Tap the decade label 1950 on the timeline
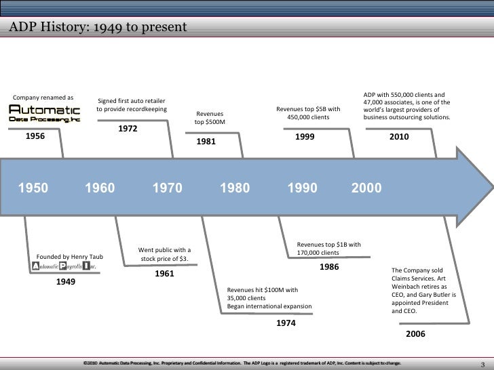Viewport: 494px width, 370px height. pyautogui.click(x=33, y=188)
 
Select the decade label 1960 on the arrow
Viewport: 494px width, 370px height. pyautogui.click(x=100, y=188)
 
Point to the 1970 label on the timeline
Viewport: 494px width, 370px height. pyautogui.click(x=167, y=188)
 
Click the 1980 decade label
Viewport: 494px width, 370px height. pyautogui.click(x=234, y=188)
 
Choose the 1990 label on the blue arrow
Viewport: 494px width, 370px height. pyautogui.click(x=302, y=188)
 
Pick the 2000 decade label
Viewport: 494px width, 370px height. pyautogui.click(x=366, y=188)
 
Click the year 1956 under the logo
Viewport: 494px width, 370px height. pyautogui.click(x=35, y=136)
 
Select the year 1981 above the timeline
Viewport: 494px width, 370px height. pyautogui.click(x=206, y=142)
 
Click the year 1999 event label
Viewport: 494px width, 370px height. pyautogui.click(x=304, y=136)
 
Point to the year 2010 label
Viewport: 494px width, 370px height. pyautogui.click(x=399, y=136)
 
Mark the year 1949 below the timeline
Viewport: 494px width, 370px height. pyautogui.click(x=65, y=281)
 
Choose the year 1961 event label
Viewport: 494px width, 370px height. pyautogui.click(x=164, y=274)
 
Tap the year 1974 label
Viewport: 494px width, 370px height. pyautogui.click(x=286, y=323)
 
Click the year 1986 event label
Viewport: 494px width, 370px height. pyautogui.click(x=328, y=267)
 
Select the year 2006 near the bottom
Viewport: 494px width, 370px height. pyautogui.click(x=415, y=335)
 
